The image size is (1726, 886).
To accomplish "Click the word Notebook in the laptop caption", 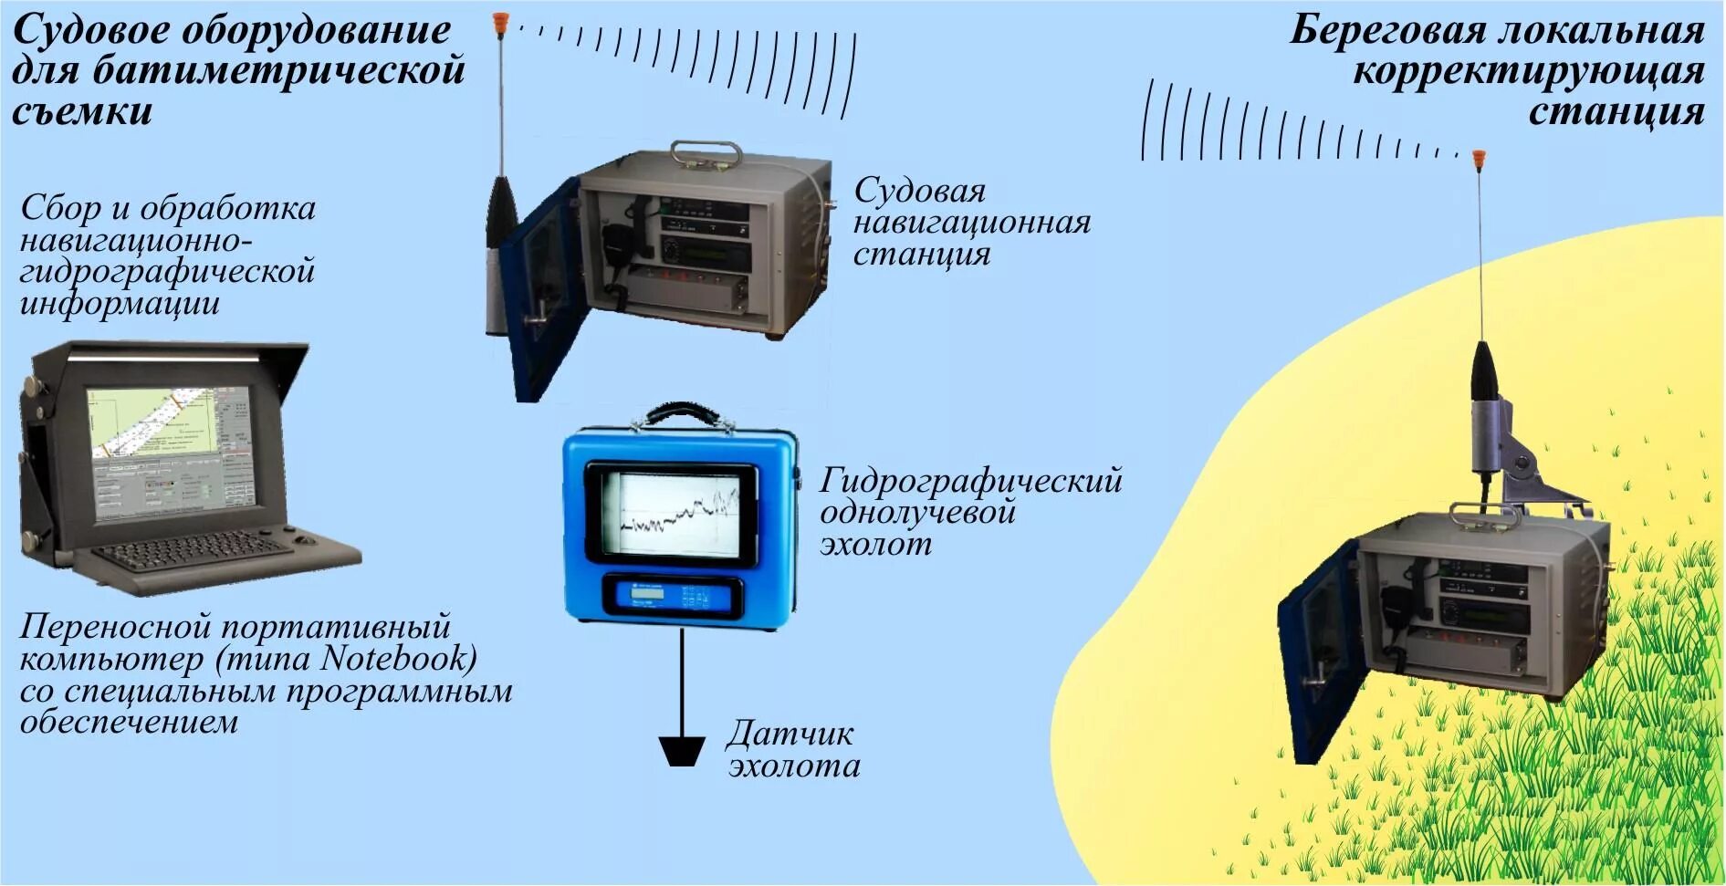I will coord(398,658).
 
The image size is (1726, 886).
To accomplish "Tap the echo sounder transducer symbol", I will coord(681,751).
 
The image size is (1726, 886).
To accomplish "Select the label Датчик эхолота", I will coord(793,749).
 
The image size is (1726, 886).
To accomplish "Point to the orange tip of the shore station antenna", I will coord(1479,158).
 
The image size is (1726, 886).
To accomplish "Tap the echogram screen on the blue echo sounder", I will coord(672,515).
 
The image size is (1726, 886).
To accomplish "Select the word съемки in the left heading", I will coord(82,112).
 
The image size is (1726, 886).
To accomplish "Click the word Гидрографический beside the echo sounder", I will coord(970,481).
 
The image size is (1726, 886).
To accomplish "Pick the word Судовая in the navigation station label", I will coord(919,191).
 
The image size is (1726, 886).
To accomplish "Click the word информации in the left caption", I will coord(120,304).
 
